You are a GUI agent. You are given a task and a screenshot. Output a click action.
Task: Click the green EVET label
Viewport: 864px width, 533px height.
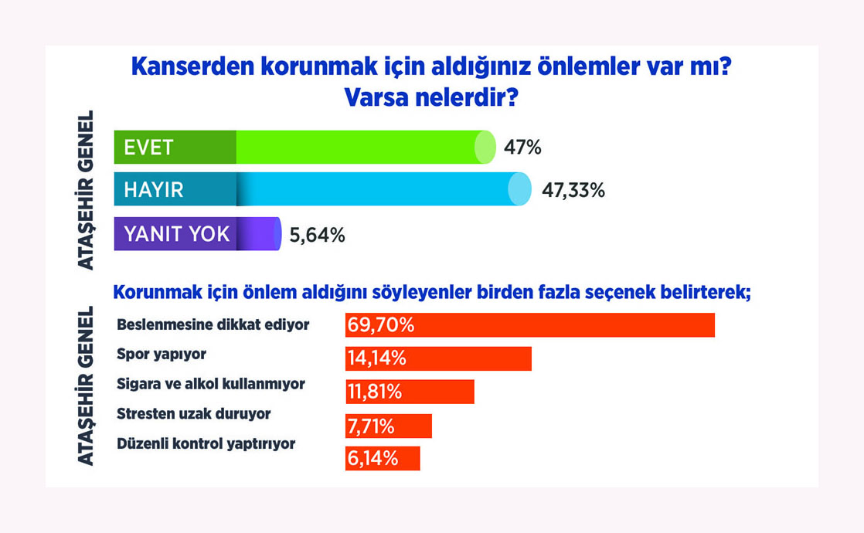click(149, 148)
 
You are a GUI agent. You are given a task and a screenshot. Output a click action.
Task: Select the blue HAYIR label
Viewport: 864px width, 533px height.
click(153, 190)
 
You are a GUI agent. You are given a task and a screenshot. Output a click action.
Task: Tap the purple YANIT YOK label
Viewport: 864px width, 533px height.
click(176, 234)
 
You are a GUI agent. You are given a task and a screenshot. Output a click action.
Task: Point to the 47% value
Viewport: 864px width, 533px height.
click(522, 148)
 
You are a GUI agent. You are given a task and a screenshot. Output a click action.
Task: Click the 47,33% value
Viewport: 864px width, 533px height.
click(573, 191)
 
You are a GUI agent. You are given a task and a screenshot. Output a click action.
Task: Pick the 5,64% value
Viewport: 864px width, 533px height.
click(318, 236)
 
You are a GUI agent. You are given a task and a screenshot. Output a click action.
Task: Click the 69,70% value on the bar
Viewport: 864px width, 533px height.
click(381, 325)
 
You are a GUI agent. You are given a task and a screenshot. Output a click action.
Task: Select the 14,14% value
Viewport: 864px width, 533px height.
click(377, 358)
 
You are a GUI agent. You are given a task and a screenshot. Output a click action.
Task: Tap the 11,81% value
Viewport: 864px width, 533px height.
click(375, 392)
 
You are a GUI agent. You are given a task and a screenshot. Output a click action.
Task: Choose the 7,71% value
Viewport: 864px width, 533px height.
click(371, 426)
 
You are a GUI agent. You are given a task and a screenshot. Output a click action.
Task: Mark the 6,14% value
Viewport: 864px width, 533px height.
click(373, 458)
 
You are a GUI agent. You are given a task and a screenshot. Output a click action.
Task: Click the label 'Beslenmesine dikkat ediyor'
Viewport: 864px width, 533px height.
click(213, 325)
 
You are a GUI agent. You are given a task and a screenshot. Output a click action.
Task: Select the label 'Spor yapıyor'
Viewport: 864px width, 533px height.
click(162, 355)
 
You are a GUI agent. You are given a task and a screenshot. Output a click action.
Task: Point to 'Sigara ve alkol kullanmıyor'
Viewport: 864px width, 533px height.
click(210, 384)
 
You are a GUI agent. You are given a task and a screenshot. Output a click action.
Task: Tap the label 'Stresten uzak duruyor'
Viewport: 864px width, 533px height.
click(193, 414)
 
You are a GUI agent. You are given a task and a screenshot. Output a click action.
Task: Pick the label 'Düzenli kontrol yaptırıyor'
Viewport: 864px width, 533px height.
click(206, 444)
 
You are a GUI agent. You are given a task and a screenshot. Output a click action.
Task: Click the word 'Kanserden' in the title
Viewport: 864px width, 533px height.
click(193, 66)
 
